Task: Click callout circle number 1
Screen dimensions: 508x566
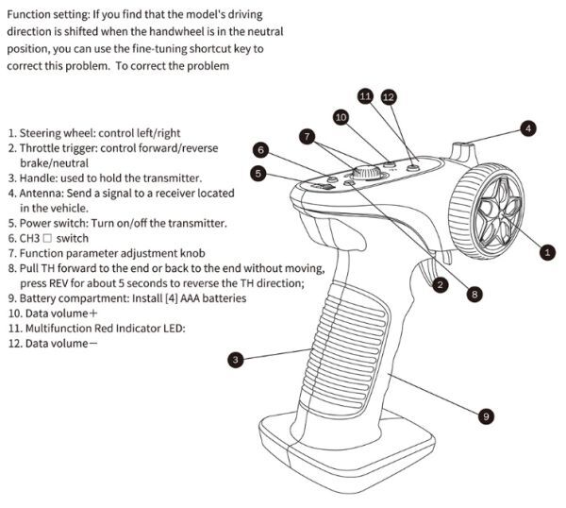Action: click(x=547, y=251)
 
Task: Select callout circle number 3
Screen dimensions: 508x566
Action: click(x=236, y=359)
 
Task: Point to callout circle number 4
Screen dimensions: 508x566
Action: click(x=529, y=127)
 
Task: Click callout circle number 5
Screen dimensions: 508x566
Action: click(x=258, y=174)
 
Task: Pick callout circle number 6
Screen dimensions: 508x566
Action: click(x=260, y=149)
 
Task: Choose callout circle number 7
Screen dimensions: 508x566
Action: click(x=307, y=136)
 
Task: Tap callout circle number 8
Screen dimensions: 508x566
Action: click(x=474, y=295)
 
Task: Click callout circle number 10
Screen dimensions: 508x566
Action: click(x=341, y=116)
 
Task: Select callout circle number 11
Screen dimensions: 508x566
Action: click(x=366, y=96)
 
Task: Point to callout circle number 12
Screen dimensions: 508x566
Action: click(x=389, y=96)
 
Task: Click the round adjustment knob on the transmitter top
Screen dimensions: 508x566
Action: click(x=365, y=173)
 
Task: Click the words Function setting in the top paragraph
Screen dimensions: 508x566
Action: click(x=46, y=15)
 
